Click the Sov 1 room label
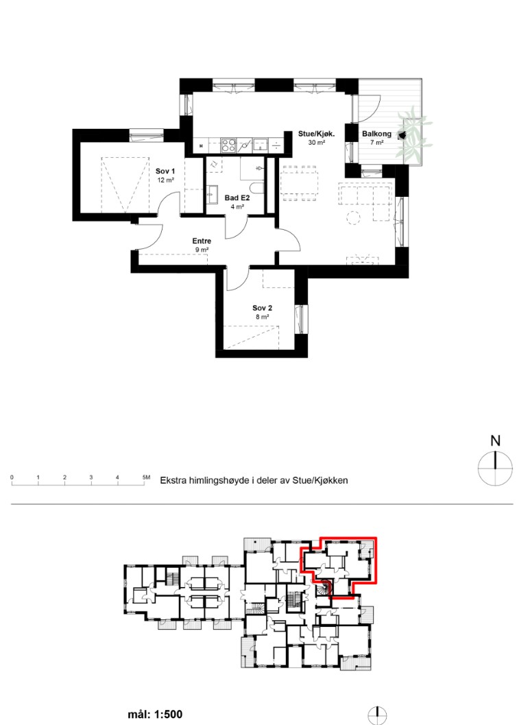pyautogui.click(x=165, y=171)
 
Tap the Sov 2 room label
pyautogui.click(x=262, y=308)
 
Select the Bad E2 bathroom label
pyautogui.click(x=237, y=198)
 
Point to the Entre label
pyautogui.click(x=202, y=241)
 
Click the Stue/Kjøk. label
pyautogui.click(x=316, y=134)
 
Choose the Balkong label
pyautogui.click(x=376, y=134)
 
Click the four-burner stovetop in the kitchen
pyautogui.click(x=228, y=145)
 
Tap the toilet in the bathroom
pyautogui.click(x=257, y=188)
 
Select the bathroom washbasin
pyautogui.click(x=213, y=195)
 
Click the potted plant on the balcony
pyautogui.click(x=413, y=133)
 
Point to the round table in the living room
pyautogui.click(x=353, y=217)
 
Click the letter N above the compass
pyautogui.click(x=495, y=440)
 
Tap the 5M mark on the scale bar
pyautogui.click(x=146, y=477)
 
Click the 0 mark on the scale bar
pyautogui.click(x=12, y=477)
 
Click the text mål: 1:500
pyautogui.click(x=155, y=714)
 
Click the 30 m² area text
pyautogui.click(x=316, y=143)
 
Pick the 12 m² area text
pyautogui.click(x=165, y=180)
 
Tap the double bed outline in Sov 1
pyautogui.click(x=125, y=185)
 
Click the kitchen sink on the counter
pyautogui.click(x=260, y=145)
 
